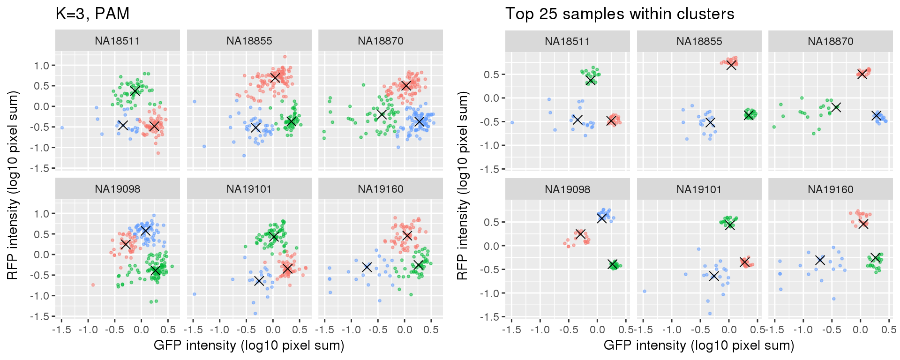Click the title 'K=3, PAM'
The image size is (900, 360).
coord(92,14)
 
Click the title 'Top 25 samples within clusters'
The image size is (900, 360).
coord(619,14)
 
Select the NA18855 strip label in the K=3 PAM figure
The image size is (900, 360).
coord(249,41)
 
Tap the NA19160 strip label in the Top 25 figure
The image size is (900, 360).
coord(830,189)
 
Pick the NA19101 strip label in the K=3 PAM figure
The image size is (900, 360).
coord(249,189)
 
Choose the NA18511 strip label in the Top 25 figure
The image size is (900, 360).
coord(567,41)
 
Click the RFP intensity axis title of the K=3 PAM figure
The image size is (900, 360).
coord(13,186)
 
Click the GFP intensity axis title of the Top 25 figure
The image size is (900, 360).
coord(698,345)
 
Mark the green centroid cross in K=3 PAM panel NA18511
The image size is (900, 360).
coord(135,90)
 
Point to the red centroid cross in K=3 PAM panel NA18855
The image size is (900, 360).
coord(275,77)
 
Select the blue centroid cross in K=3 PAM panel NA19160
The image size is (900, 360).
coord(367,267)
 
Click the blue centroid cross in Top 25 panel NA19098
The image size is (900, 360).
coord(602,218)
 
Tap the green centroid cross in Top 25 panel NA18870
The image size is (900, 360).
coord(836,107)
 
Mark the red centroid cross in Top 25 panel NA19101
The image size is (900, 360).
coord(744,262)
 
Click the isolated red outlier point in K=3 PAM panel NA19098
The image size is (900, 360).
coord(93,285)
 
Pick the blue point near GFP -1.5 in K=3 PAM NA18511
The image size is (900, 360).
coord(62,127)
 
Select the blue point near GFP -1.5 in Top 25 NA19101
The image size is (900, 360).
coord(645,291)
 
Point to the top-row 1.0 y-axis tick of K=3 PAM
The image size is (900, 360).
coord(41,65)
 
